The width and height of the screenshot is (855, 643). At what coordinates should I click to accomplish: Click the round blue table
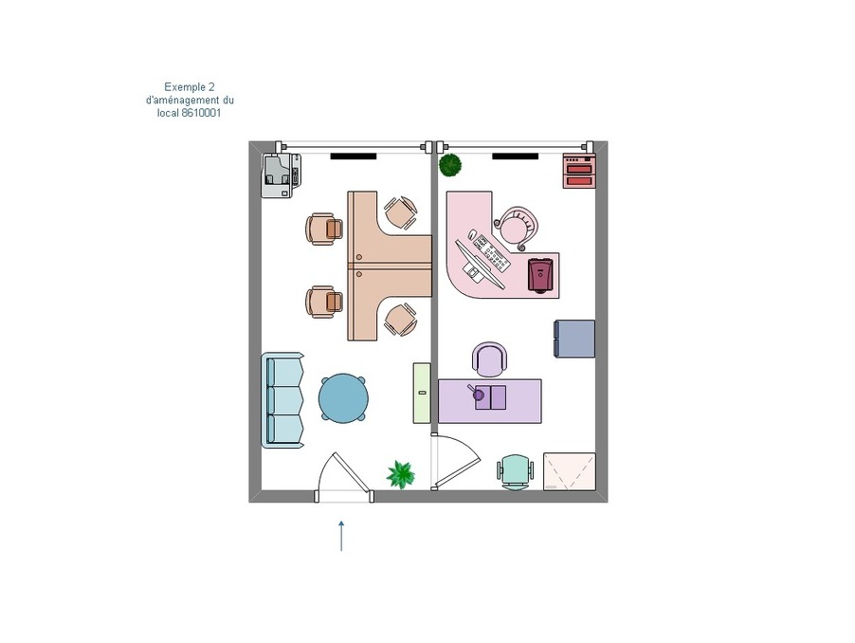343,398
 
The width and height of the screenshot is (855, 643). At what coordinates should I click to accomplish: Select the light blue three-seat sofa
282,400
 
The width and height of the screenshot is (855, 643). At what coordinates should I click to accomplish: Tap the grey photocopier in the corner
281,175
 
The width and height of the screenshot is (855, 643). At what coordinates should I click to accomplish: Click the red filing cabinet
579,171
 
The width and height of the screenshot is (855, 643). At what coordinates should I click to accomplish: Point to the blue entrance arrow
341,536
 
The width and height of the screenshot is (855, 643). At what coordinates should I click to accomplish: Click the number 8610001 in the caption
201,114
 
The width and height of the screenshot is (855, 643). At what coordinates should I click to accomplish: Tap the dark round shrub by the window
451,165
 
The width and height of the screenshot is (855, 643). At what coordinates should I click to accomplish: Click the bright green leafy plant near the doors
401,474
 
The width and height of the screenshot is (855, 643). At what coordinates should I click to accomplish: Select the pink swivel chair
516,228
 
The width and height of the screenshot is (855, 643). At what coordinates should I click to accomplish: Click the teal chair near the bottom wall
516,472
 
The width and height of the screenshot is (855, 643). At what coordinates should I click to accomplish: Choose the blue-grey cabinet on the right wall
574,339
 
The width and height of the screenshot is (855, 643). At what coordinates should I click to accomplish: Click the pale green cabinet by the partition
422,393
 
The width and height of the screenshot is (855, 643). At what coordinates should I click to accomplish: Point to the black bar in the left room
354,156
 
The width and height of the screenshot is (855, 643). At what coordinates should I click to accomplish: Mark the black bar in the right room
516,156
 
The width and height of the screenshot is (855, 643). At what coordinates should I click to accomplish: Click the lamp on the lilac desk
477,392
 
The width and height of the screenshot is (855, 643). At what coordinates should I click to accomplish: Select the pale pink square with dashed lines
570,471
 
